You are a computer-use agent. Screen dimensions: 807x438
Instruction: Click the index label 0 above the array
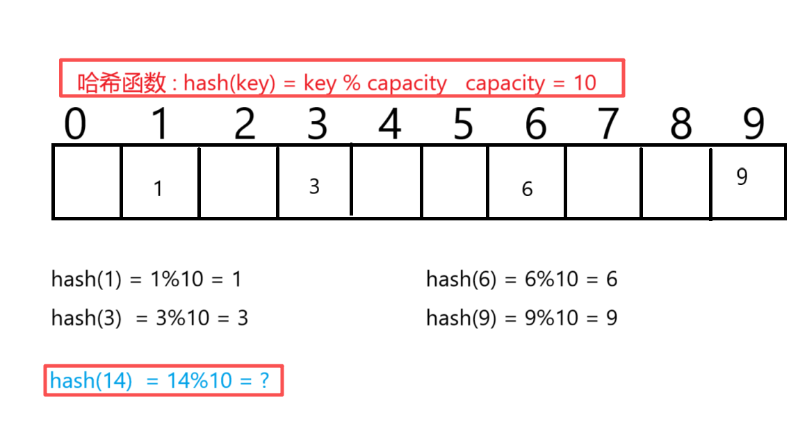(x=76, y=125)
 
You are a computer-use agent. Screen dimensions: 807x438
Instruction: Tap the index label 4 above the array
(x=390, y=125)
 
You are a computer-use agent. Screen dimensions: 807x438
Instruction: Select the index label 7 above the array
(x=608, y=125)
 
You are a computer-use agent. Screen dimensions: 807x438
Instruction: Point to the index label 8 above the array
(x=680, y=125)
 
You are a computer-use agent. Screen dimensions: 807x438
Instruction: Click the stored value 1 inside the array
(x=158, y=188)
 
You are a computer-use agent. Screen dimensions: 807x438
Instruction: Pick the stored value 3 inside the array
(x=314, y=186)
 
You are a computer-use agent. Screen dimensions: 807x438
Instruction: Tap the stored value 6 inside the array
(x=527, y=188)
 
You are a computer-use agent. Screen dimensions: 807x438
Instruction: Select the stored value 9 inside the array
(x=742, y=177)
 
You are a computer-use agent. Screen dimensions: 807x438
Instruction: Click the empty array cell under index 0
(x=88, y=182)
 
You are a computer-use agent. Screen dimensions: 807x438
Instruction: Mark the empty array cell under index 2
(x=238, y=182)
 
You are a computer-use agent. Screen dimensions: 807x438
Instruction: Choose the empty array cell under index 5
(x=454, y=182)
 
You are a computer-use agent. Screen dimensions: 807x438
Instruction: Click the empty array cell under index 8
(x=676, y=182)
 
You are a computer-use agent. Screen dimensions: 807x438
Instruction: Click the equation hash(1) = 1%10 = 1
(x=147, y=279)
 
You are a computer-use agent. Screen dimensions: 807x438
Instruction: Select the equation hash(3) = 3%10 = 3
(x=150, y=318)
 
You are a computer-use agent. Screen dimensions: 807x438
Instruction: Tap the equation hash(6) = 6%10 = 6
(x=522, y=279)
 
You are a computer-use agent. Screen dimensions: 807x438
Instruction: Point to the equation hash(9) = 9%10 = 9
(x=522, y=318)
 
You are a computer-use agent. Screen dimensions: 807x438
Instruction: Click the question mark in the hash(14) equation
(x=263, y=380)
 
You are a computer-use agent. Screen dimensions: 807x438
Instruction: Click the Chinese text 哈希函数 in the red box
(x=122, y=83)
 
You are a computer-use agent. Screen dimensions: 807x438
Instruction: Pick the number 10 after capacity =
(x=585, y=83)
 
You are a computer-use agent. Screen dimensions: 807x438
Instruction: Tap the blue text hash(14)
(x=91, y=380)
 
